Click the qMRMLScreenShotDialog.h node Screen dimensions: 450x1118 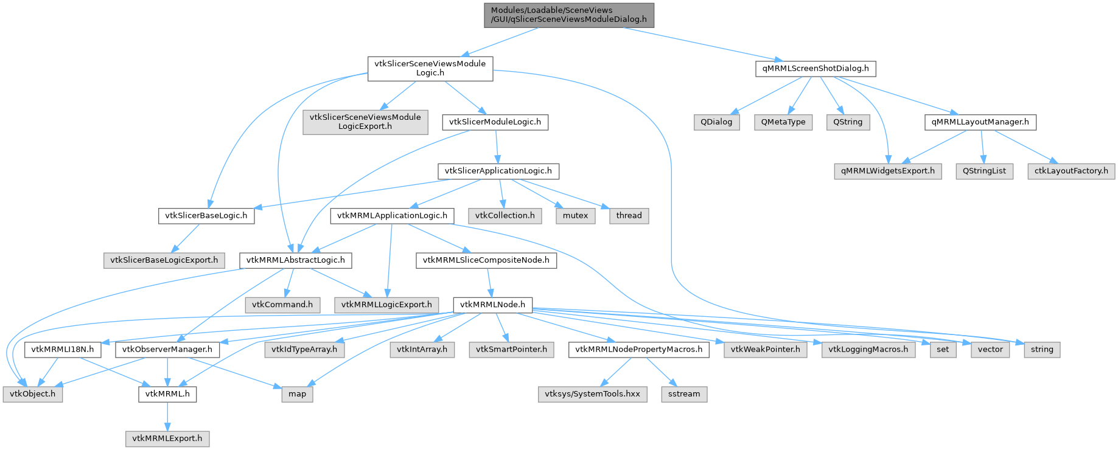[815, 69]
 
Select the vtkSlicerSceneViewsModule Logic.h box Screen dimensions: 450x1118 [430, 68]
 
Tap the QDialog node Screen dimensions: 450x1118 [716, 122]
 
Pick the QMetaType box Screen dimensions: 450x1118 [783, 122]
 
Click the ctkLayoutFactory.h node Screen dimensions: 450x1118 [1071, 171]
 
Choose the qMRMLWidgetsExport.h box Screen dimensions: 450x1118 [887, 171]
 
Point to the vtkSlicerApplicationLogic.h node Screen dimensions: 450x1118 [498, 171]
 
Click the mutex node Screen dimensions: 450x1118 [575, 216]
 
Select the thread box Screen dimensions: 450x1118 [629, 216]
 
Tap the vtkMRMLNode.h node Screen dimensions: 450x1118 [492, 305]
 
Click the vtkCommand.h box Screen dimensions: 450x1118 [282, 305]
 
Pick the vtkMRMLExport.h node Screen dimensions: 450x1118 [167, 438]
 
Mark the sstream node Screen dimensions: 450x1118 [684, 394]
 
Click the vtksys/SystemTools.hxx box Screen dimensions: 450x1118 [592, 394]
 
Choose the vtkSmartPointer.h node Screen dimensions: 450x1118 [511, 350]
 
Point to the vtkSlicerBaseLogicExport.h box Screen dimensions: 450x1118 [164, 260]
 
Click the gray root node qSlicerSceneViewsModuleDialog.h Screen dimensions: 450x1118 [568, 15]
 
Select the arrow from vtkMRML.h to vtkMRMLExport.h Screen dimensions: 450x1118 [167, 416]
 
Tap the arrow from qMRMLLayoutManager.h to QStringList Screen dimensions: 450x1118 [982, 147]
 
